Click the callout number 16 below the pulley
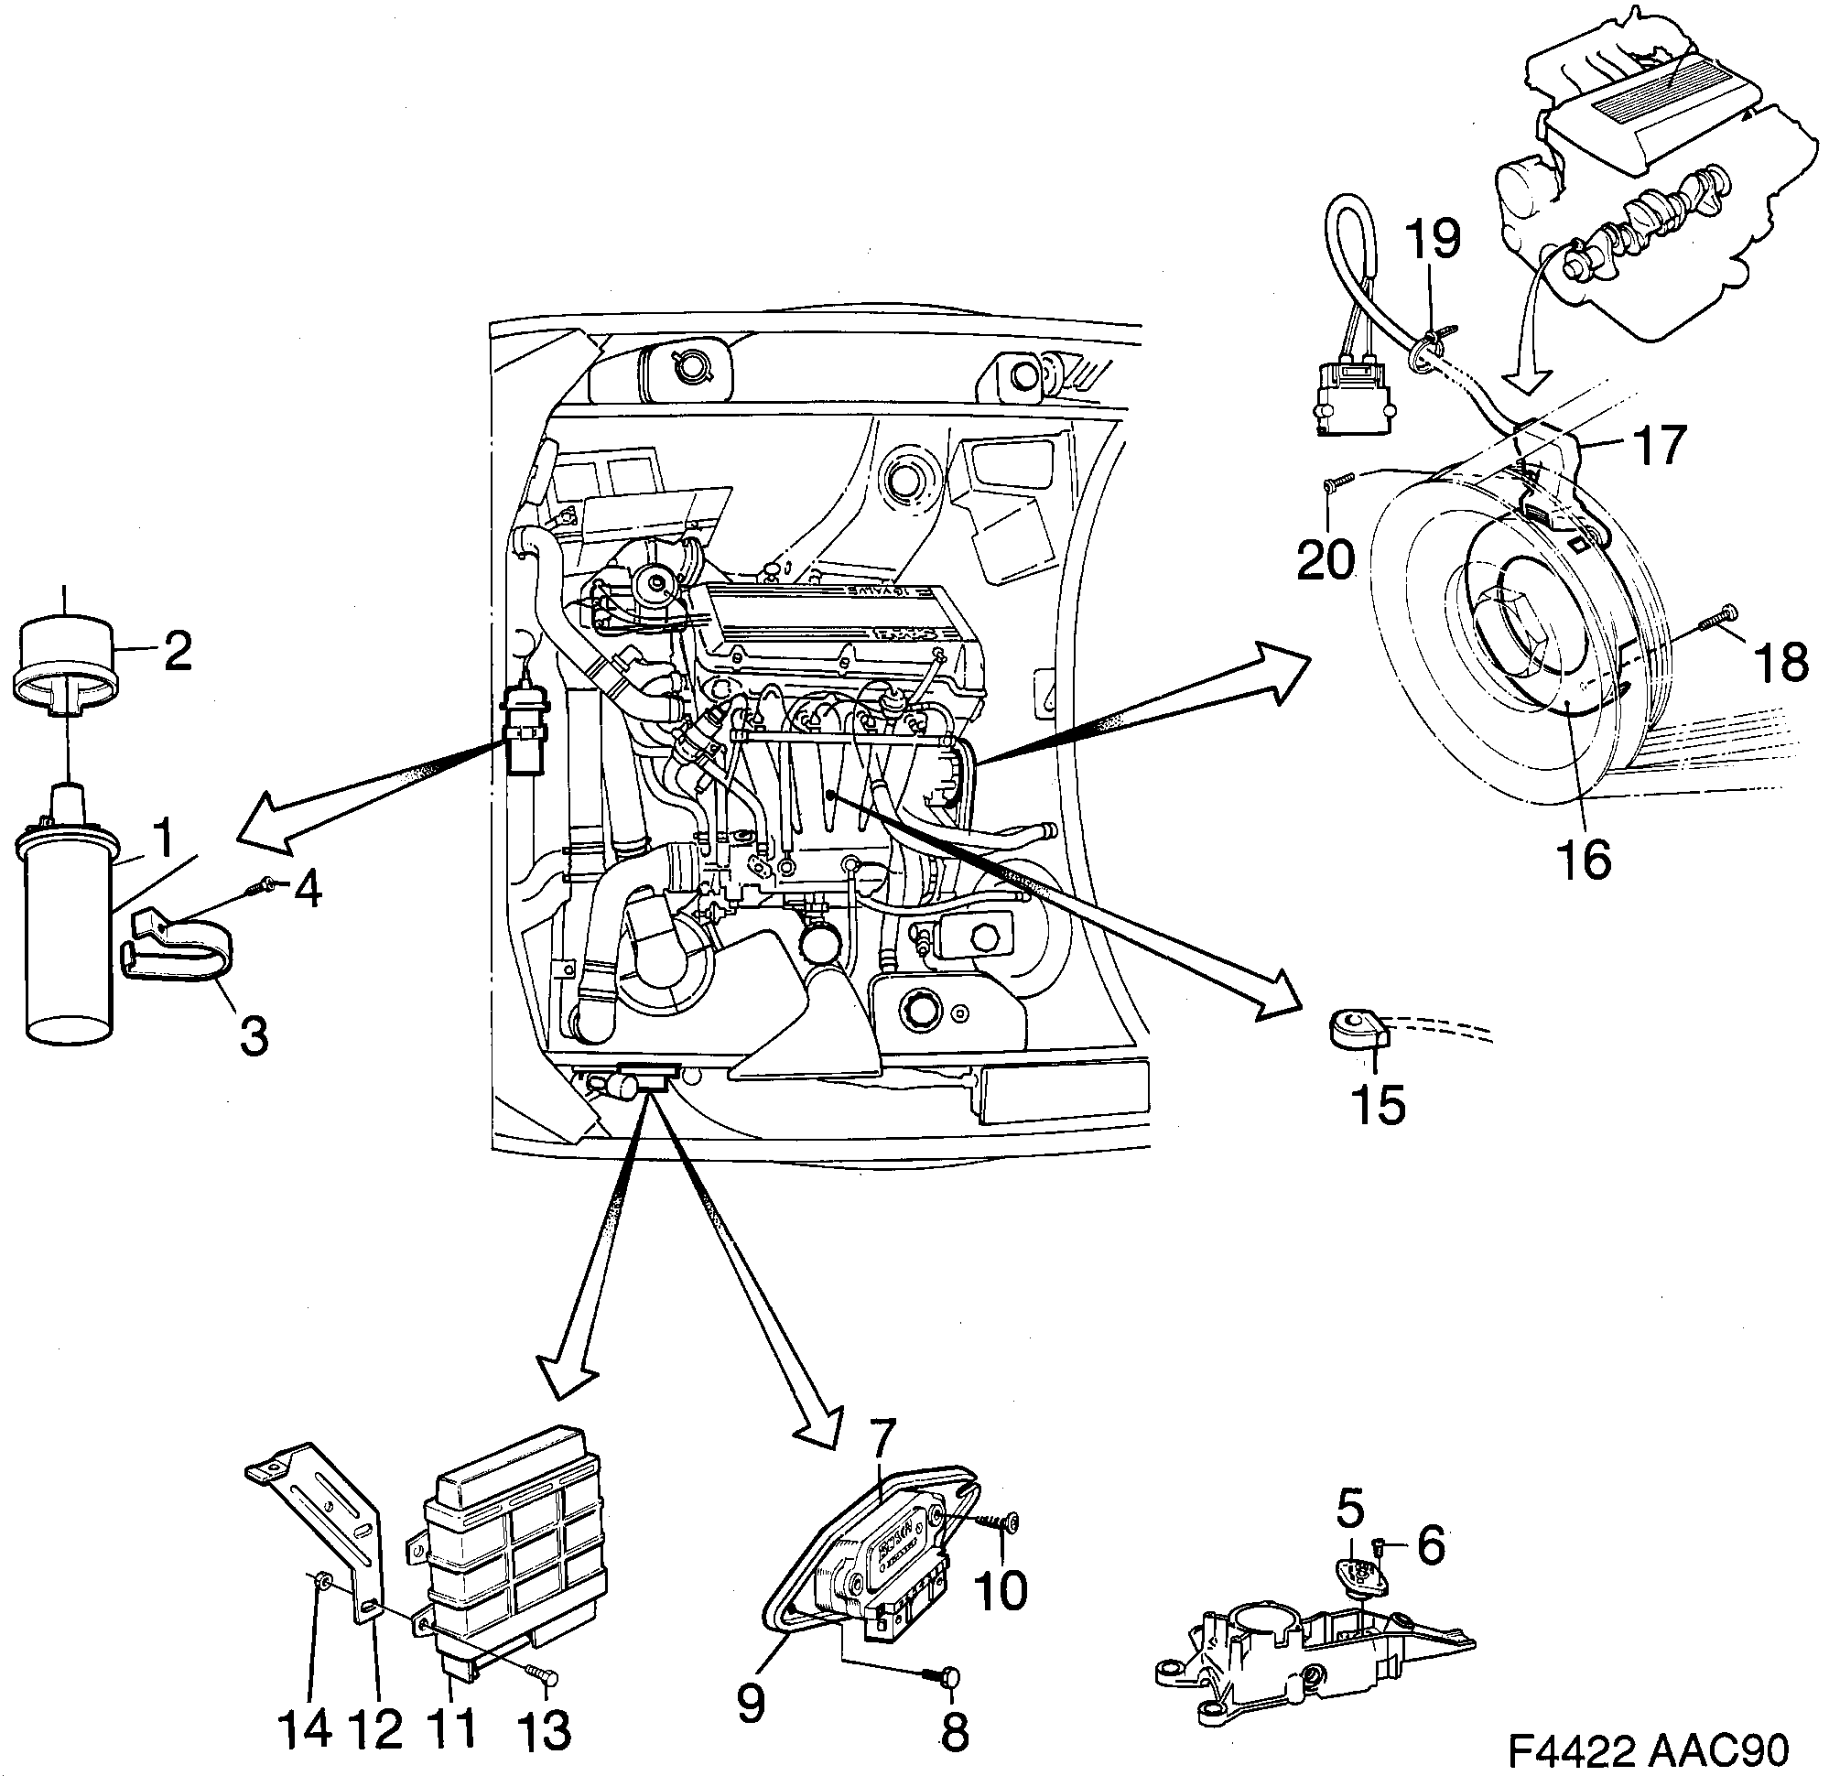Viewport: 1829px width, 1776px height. pyautogui.click(x=1585, y=859)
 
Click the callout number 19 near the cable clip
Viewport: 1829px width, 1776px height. pyautogui.click(x=1434, y=240)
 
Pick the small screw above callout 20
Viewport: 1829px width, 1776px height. pyautogui.click(x=1337, y=482)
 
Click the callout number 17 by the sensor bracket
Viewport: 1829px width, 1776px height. pyautogui.click(x=1661, y=445)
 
